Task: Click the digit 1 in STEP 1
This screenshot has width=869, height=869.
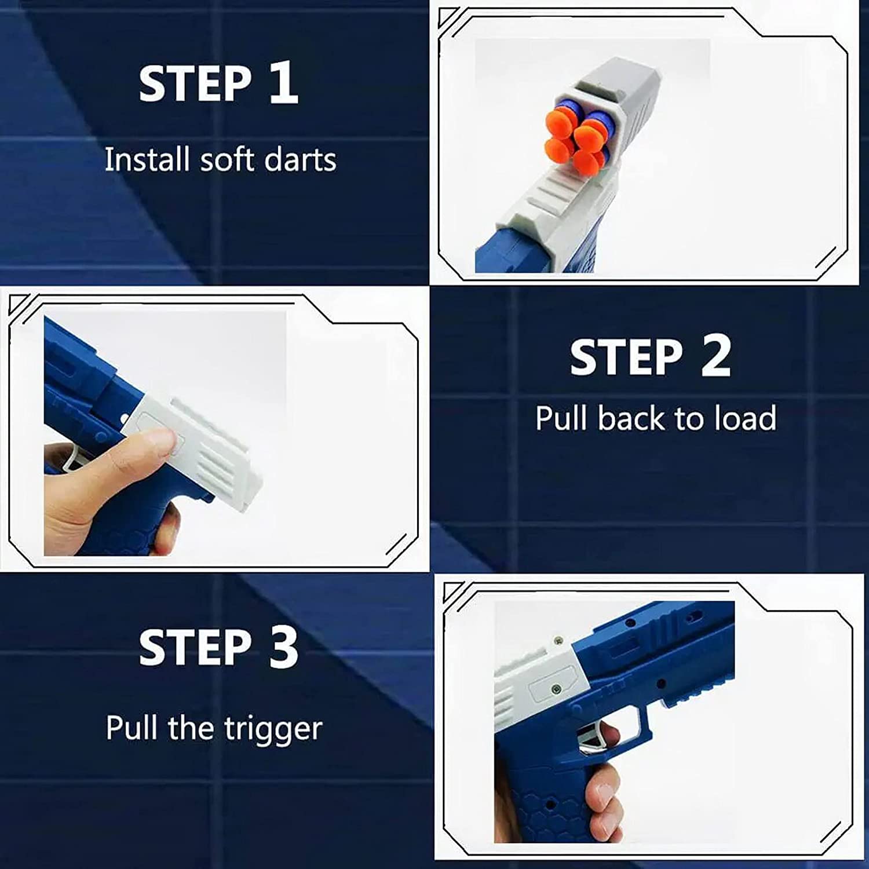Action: pyautogui.click(x=283, y=84)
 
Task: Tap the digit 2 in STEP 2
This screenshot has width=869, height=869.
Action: pyautogui.click(x=715, y=357)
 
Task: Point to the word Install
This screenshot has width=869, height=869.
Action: pyautogui.click(x=147, y=159)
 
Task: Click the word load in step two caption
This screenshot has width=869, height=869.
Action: pyautogui.click(x=745, y=418)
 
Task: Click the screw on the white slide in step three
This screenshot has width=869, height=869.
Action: pyautogui.click(x=556, y=689)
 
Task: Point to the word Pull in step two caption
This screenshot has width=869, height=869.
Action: pyautogui.click(x=561, y=418)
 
